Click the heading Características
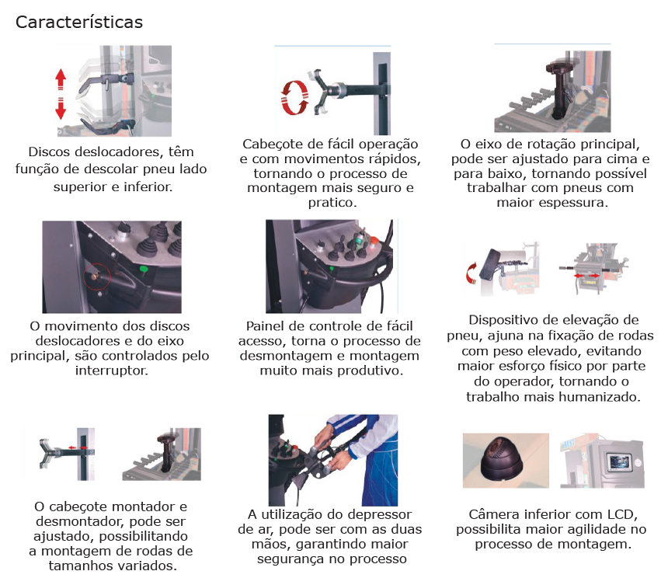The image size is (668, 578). tap(78, 23)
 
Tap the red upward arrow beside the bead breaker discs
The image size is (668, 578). tap(61, 79)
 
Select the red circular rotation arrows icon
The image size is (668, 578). tap(294, 98)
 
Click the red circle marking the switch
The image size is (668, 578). tap(97, 276)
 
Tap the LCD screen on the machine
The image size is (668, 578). tap(618, 461)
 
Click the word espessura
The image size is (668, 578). tap(573, 202)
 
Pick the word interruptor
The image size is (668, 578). tap(112, 371)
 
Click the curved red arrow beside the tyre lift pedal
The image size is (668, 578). tap(471, 273)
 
